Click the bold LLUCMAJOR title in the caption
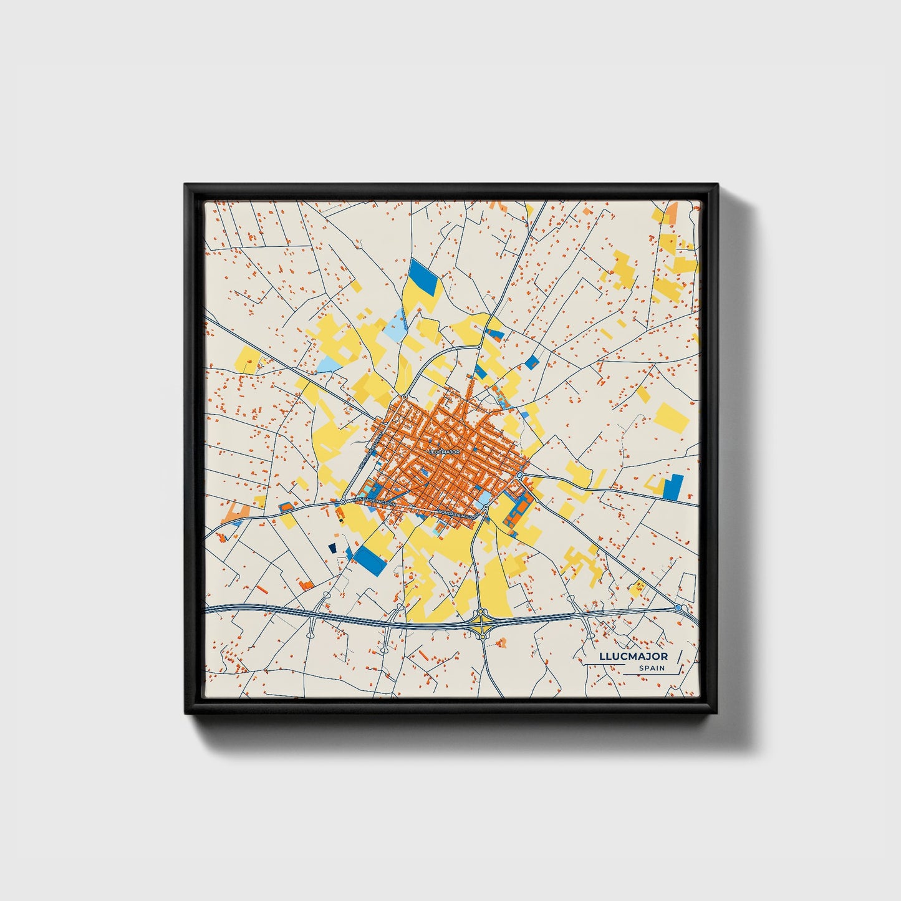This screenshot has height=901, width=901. tap(633, 656)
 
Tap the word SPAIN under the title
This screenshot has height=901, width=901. tap(651, 668)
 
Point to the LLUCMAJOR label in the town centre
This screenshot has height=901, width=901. tap(444, 451)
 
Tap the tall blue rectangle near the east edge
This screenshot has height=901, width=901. tap(673, 487)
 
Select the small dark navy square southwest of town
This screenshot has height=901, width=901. tap(332, 547)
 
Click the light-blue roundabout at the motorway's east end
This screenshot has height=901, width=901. tap(678, 607)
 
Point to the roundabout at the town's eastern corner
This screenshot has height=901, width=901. tap(519, 476)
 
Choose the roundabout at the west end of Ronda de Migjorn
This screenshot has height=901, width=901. tap(343, 501)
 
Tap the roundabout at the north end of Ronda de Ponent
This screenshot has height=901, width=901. tap(405, 397)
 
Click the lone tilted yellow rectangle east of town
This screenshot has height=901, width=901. tap(672, 417)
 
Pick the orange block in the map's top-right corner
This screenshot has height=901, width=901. tap(672, 213)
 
